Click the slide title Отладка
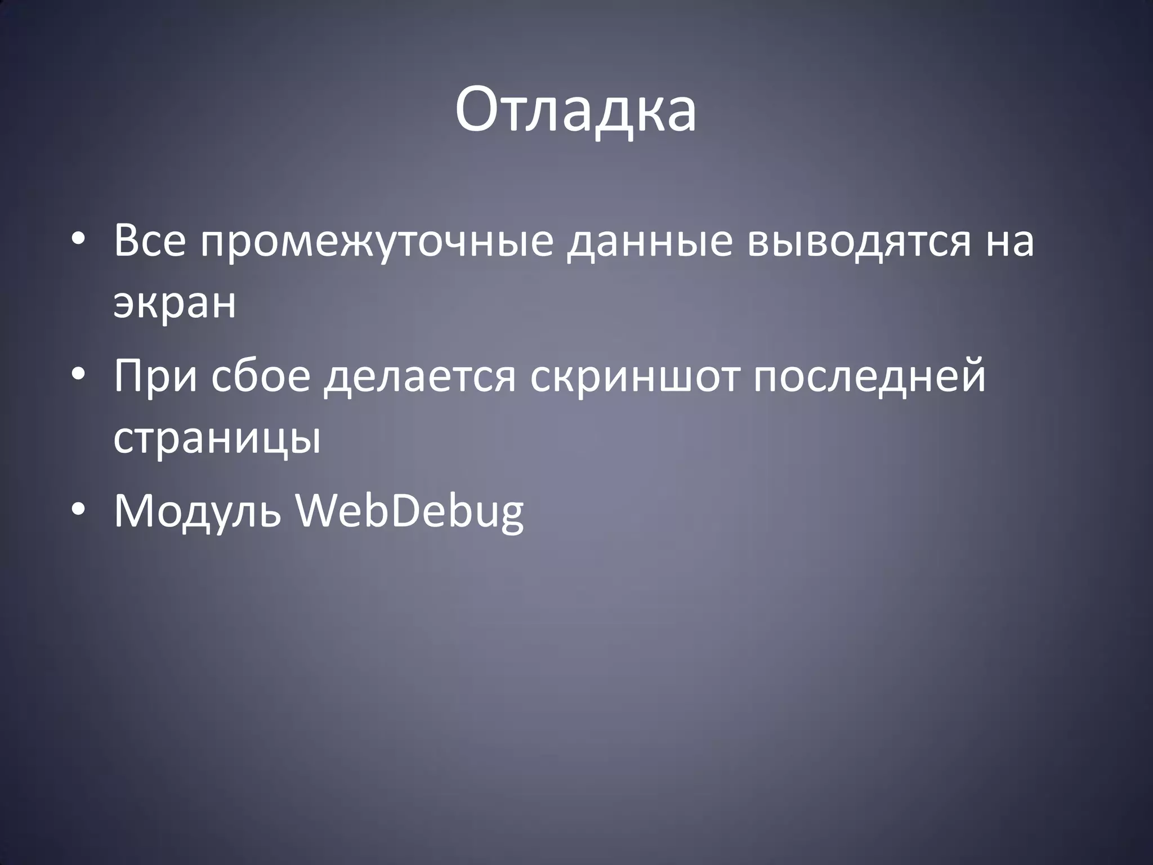575,109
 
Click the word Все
149,240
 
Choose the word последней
869,376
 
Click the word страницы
217,440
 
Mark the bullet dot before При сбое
78,376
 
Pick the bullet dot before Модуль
78,510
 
